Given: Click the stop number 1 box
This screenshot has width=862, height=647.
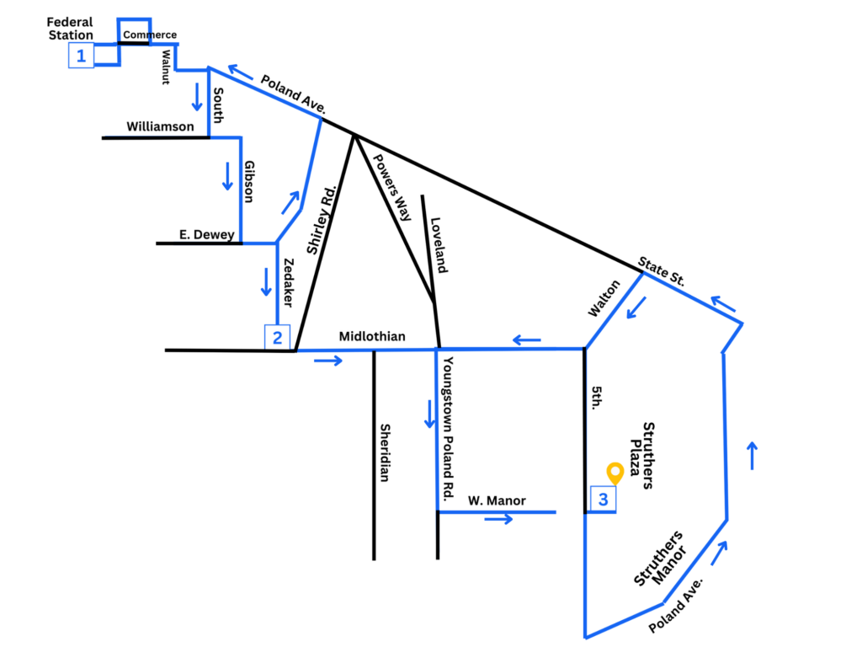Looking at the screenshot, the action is [x=81, y=56].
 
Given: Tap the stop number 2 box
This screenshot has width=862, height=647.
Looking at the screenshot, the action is [x=277, y=337].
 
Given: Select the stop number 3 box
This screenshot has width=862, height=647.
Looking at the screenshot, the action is [x=603, y=499].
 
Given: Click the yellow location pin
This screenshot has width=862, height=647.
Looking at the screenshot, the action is [x=615, y=473].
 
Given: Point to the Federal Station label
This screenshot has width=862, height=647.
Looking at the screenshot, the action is [x=70, y=29].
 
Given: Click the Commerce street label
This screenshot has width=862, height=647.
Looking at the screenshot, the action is [x=150, y=35].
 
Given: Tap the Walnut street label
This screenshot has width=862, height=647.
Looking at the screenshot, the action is [x=166, y=67].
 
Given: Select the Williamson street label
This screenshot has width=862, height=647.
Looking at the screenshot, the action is [x=160, y=126].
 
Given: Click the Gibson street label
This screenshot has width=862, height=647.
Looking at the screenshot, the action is [x=249, y=182].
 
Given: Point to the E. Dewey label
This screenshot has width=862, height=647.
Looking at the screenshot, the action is [x=207, y=234].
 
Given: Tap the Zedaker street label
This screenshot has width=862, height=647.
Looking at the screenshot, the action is [x=288, y=282].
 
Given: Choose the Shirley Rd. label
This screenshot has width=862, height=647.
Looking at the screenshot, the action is [x=321, y=220].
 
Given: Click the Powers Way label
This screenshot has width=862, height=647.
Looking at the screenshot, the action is [x=392, y=187].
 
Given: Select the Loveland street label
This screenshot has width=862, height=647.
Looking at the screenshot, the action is [x=439, y=245].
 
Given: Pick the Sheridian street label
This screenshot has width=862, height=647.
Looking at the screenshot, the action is [x=385, y=452].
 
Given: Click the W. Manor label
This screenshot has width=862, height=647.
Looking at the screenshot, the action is [x=497, y=500].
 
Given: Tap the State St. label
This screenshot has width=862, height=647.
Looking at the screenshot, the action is [x=662, y=271].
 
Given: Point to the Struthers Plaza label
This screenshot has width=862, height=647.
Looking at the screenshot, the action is [x=641, y=456].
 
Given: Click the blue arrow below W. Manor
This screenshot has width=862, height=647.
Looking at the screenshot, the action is [x=498, y=519].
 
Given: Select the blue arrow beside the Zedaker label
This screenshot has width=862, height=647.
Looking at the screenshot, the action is [x=266, y=281].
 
